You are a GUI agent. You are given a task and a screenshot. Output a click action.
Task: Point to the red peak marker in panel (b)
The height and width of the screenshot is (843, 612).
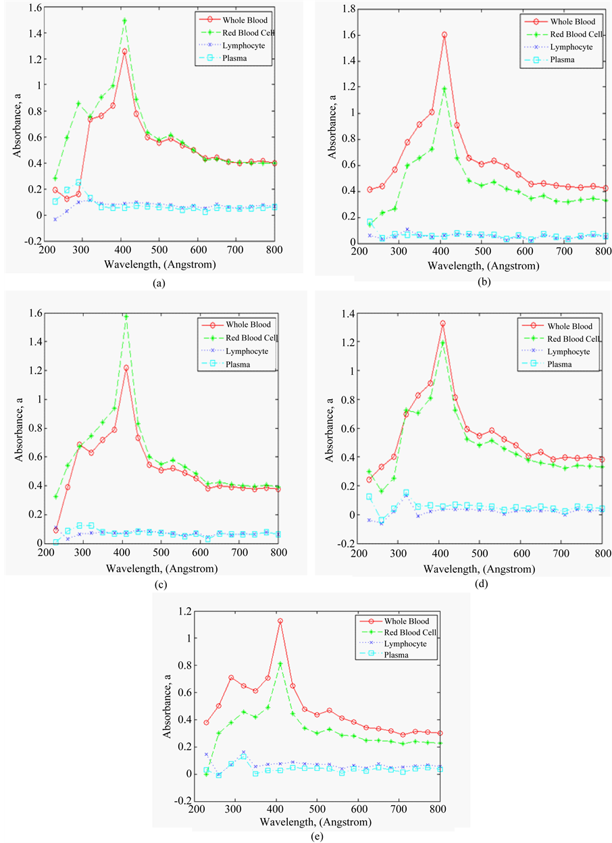(x=444, y=34)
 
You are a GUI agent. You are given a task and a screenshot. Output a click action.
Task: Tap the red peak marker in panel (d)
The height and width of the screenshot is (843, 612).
(x=443, y=324)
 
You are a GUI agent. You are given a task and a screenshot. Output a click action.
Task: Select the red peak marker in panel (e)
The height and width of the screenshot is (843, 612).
(x=280, y=621)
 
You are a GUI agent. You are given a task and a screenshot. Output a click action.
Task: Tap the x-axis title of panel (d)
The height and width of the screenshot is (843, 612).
(x=476, y=569)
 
